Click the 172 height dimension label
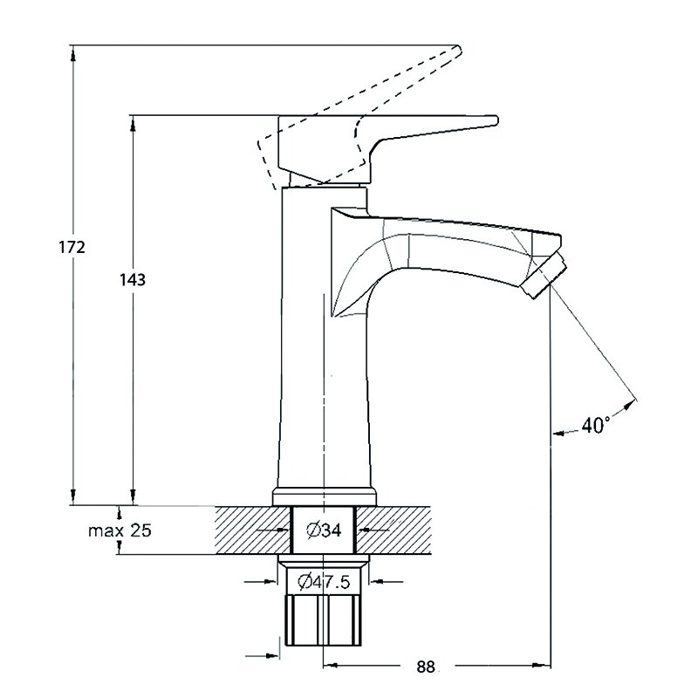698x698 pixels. coord(72,247)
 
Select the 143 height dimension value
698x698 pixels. coord(133,279)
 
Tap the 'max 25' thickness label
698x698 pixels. coord(120,530)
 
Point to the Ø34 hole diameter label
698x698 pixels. coord(324,530)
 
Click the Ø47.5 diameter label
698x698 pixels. coord(324,581)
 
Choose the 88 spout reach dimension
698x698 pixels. coord(426,667)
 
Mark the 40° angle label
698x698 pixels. coord(595,426)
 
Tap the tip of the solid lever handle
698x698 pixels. coord(496,120)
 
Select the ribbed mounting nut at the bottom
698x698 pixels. coord(323,619)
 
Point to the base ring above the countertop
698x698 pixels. coord(325,496)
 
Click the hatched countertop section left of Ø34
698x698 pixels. coord(252,530)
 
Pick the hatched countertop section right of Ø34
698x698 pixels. coord(394,530)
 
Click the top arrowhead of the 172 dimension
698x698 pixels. coord(73,52)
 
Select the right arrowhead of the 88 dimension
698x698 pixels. coord(542,666)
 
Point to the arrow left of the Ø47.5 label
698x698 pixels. coord(260,581)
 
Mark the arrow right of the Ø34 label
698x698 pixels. coord(374,530)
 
